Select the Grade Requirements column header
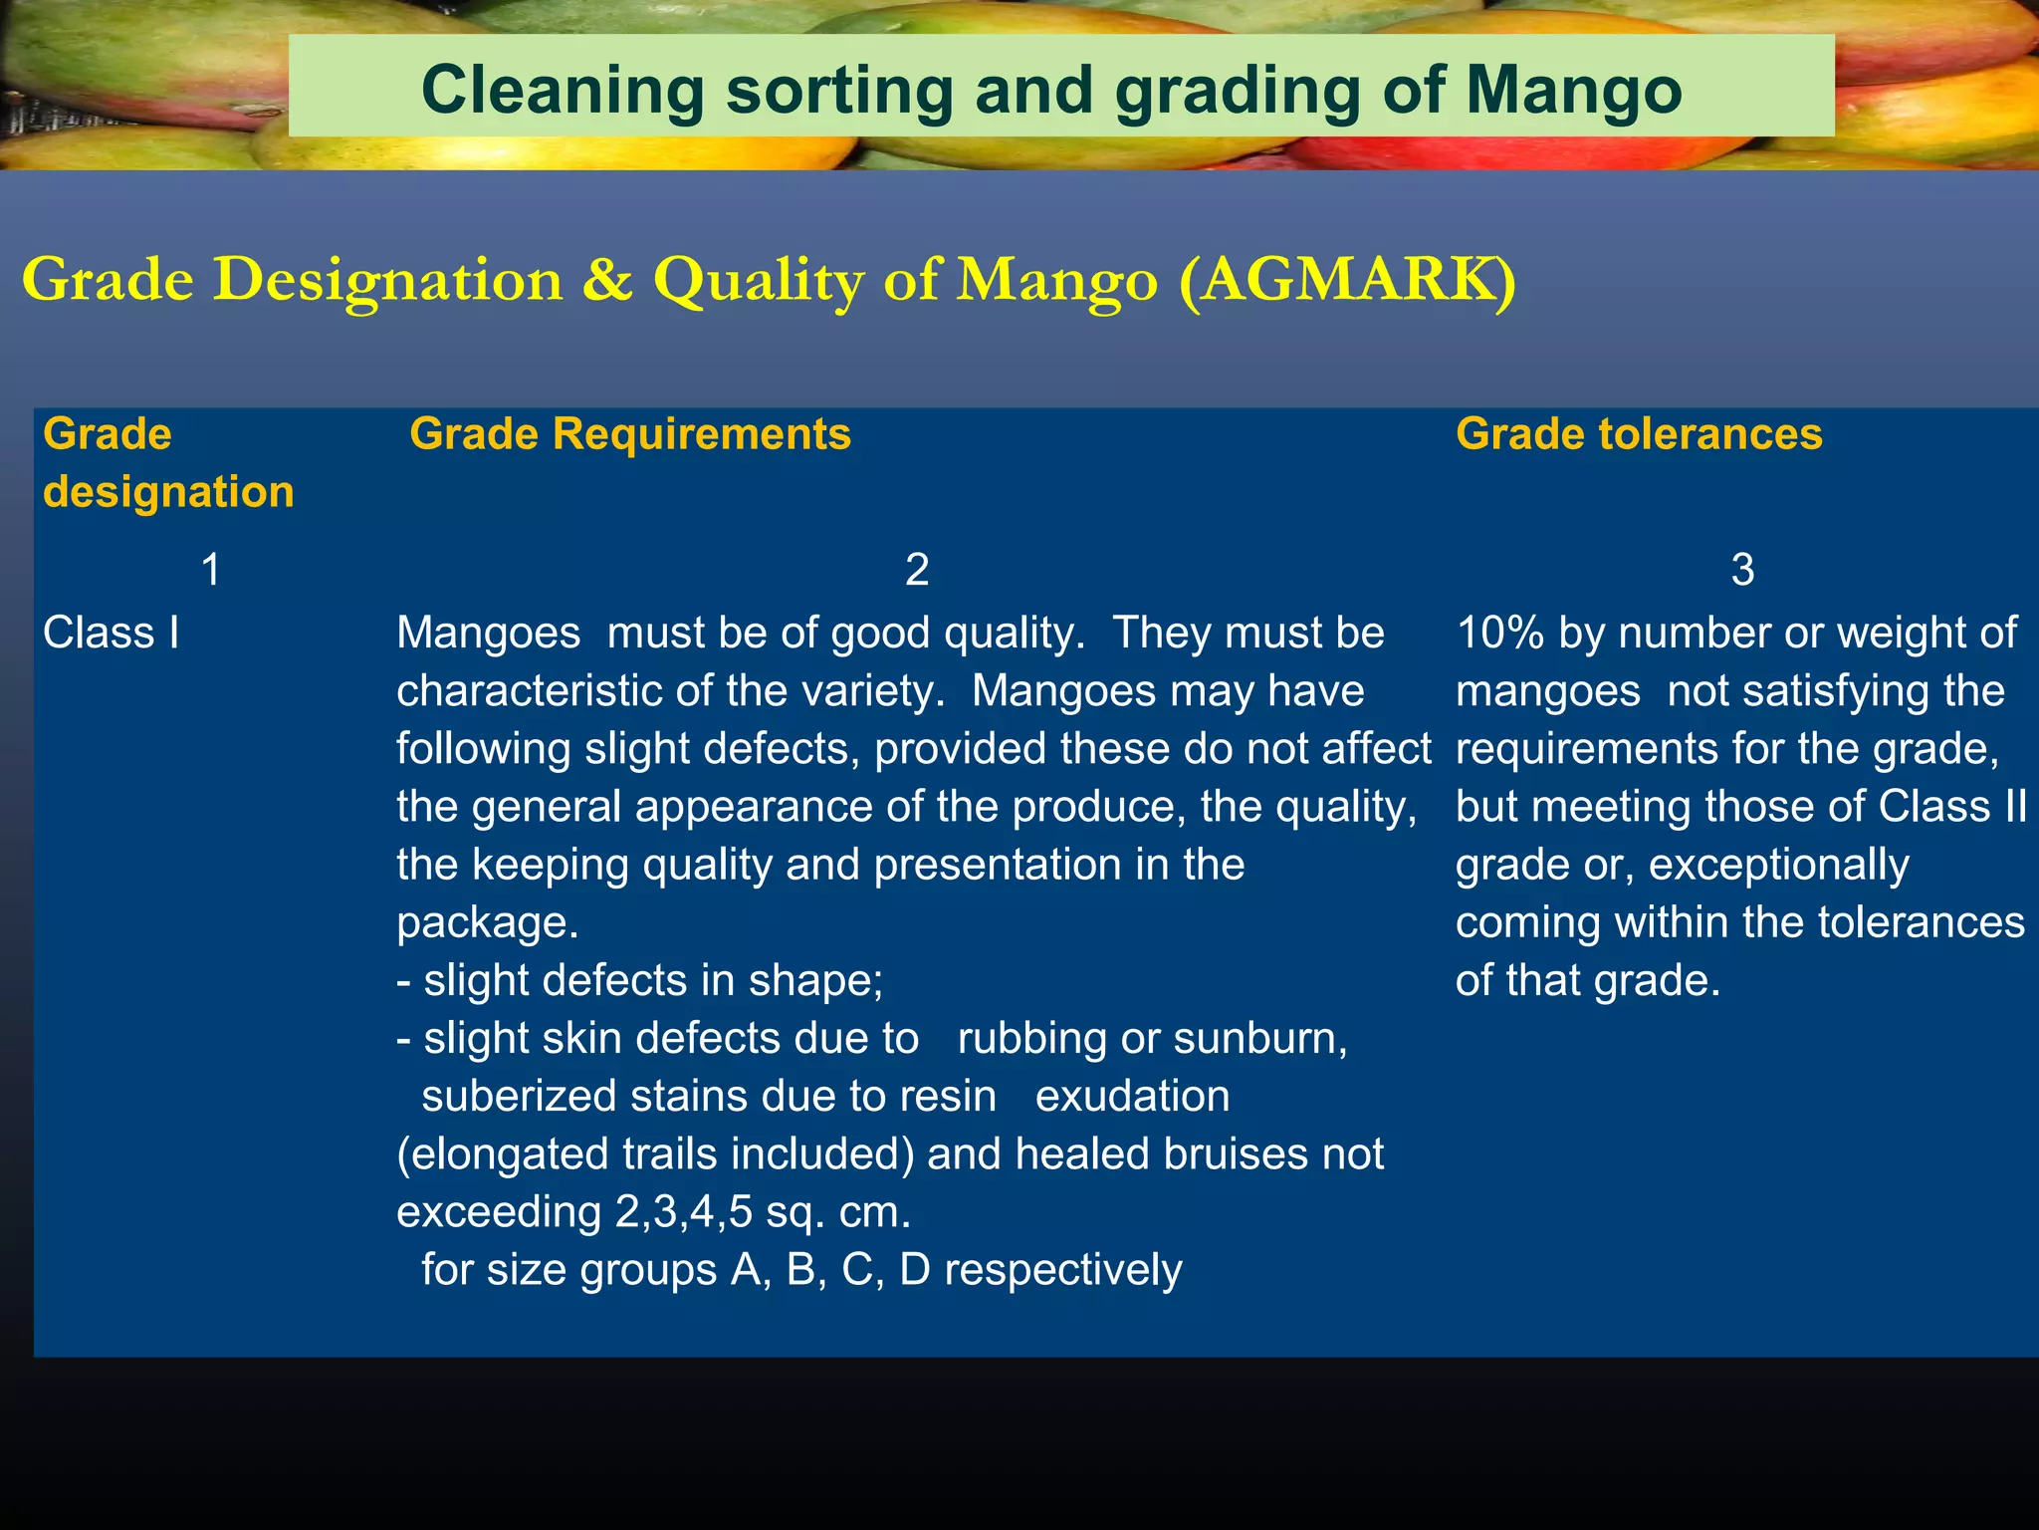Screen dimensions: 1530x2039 pyautogui.click(x=630, y=434)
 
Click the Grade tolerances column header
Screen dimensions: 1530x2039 pyautogui.click(x=1639, y=434)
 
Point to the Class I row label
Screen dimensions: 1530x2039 pyautogui.click(x=112, y=634)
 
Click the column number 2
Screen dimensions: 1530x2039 pyautogui.click(x=917, y=570)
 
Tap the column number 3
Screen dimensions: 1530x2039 pyautogui.click(x=1742, y=570)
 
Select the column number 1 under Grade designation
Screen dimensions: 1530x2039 pyautogui.click(x=211, y=570)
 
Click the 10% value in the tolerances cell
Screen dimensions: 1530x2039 pyautogui.click(x=1499, y=634)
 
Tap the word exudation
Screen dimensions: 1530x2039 pyautogui.click(x=1132, y=1097)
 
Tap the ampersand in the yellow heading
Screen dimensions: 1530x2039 pyautogui.click(x=607, y=280)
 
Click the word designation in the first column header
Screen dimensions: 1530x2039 pyautogui.click(x=168, y=492)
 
